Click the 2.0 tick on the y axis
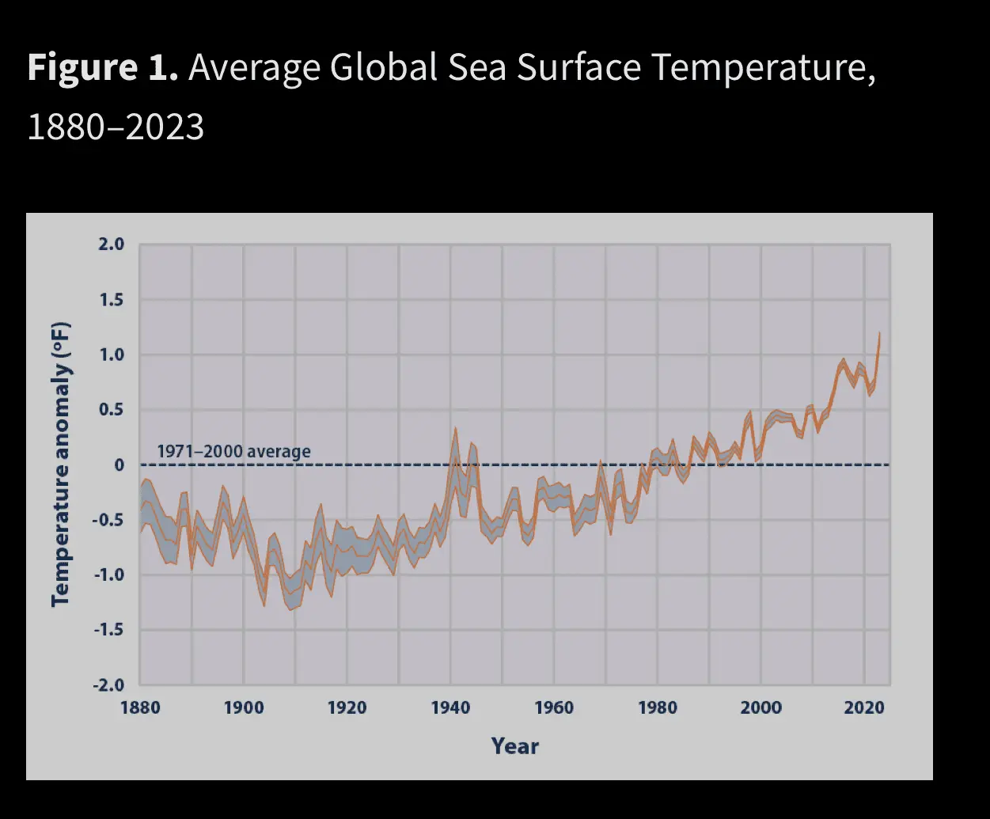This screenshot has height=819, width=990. (x=111, y=245)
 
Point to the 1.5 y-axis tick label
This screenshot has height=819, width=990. (x=111, y=300)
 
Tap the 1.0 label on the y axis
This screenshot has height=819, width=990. (x=111, y=355)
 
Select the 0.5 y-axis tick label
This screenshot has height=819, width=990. (x=111, y=410)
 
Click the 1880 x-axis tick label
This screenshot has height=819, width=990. (x=140, y=707)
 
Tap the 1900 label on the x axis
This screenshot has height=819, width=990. (x=244, y=707)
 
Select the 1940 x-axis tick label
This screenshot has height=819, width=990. (x=450, y=707)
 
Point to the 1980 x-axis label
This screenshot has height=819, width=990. (x=658, y=707)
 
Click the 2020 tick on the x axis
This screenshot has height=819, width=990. (x=864, y=707)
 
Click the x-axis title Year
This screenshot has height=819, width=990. (x=514, y=746)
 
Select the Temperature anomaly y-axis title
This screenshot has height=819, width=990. (x=61, y=464)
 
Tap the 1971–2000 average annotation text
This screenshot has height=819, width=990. (x=233, y=452)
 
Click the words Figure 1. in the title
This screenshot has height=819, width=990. (x=102, y=68)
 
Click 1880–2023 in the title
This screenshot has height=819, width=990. (x=116, y=127)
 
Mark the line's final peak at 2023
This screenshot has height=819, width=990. (x=879, y=333)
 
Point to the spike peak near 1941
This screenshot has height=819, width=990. (x=455, y=428)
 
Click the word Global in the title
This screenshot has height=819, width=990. (x=383, y=68)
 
